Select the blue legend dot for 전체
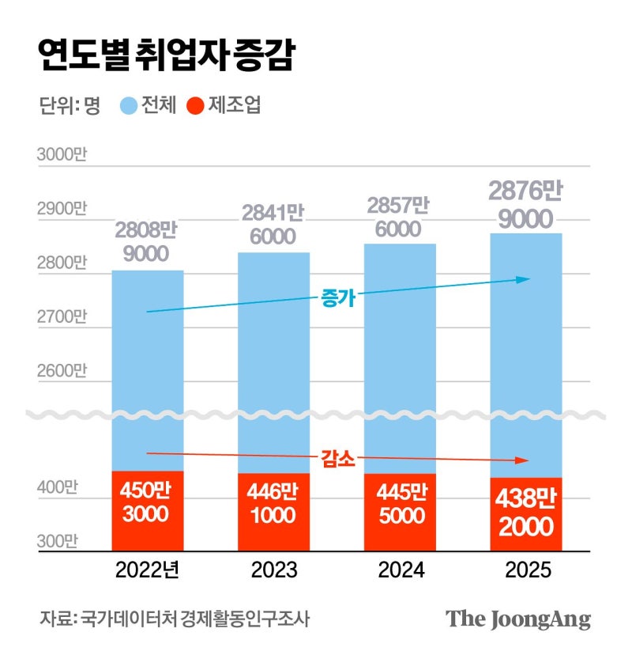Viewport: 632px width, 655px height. [x=129, y=106]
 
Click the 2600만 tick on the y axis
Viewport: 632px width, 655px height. [x=61, y=371]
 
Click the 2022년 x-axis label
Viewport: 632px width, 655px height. [x=148, y=570]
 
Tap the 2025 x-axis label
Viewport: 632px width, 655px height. [x=526, y=570]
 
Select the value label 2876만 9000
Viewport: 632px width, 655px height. [x=525, y=204]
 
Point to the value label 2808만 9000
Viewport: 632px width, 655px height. [x=147, y=242]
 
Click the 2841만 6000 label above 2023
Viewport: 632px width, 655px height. [x=273, y=225]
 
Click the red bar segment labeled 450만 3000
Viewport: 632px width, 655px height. [x=148, y=510]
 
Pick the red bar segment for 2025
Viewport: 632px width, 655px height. [x=526, y=514]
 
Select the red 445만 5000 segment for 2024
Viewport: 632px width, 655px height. [x=400, y=512]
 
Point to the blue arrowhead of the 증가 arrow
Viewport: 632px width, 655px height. [x=522, y=279]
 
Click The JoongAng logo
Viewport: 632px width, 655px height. [x=518, y=619]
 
